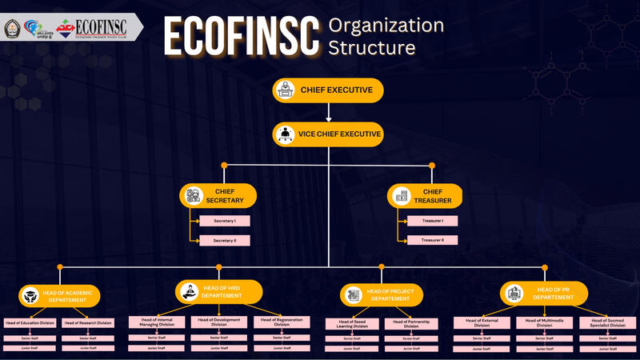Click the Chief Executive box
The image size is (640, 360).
pyautogui.click(x=328, y=90)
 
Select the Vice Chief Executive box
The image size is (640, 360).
pyautogui.click(x=328, y=134)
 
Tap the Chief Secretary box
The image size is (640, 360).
pyautogui.click(x=218, y=196)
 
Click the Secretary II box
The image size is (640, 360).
pyautogui.click(x=224, y=240)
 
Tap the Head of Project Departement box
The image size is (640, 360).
pyautogui.click(x=381, y=295)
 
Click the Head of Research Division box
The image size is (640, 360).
pyautogui.click(x=88, y=323)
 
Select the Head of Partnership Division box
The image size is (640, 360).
pyautogui.click(x=411, y=324)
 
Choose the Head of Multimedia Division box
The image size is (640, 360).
pyautogui.click(x=544, y=323)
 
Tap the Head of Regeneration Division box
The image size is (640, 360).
pyautogui.click(x=282, y=322)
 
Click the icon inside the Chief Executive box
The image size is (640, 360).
pyautogui.click(x=285, y=90)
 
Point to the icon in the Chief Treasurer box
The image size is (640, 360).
pyautogui.click(x=402, y=195)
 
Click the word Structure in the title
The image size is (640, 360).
pyautogui.click(x=372, y=48)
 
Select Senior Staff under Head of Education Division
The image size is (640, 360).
pyautogui.click(x=30, y=338)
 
